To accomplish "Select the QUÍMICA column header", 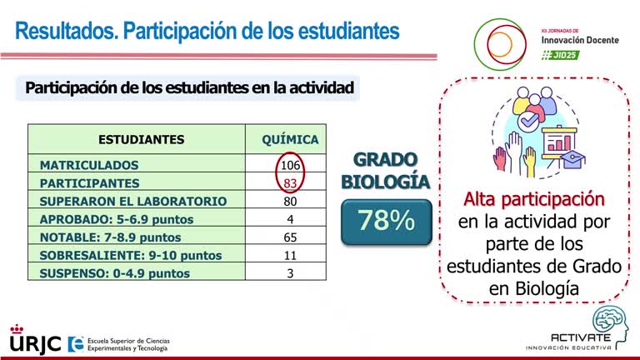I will click(290, 139).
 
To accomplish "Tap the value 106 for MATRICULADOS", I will click(290, 165).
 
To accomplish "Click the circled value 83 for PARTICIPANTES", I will click(290, 182).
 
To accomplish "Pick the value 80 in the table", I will click(290, 201).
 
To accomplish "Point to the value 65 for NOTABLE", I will click(290, 237).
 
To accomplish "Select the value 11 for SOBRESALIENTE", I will click(290, 255).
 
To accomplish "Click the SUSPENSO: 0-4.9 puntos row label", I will click(114, 273).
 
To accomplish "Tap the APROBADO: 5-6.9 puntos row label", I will click(116, 219).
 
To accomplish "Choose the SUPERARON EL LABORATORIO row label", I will click(132, 201).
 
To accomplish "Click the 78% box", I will click(386, 222).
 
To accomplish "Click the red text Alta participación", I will click(533, 200).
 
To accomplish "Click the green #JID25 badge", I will click(560, 54).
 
